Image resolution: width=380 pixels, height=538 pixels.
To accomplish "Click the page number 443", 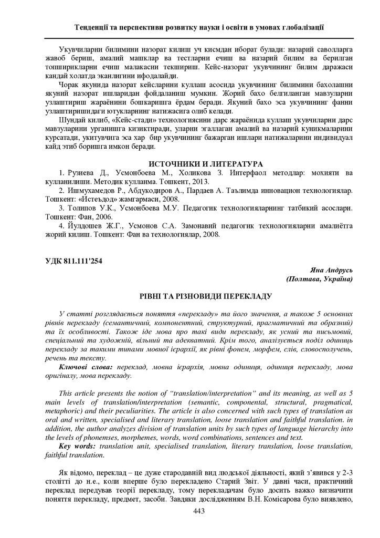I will [x=198, y=511].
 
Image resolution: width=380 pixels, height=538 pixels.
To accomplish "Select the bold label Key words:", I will [x=78, y=446].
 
